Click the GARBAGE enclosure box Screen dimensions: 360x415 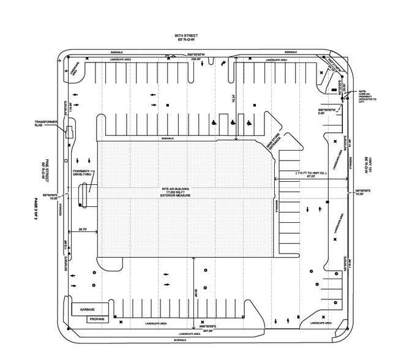pyautogui.click(x=88, y=310)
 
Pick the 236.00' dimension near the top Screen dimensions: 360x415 pyautogui.click(x=195, y=59)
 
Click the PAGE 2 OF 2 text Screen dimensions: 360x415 pyautogui.click(x=37, y=208)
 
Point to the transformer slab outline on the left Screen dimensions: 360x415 pyautogui.click(x=70, y=132)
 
